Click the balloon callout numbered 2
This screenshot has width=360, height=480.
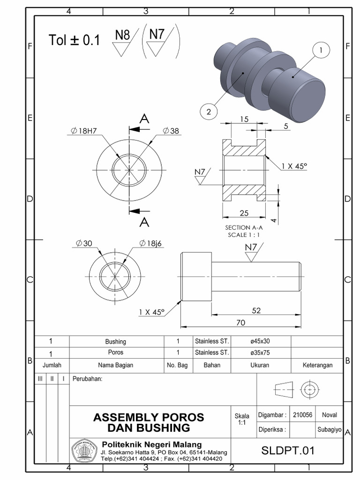[x=209, y=112]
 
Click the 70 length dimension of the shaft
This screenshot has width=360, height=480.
[x=241, y=322]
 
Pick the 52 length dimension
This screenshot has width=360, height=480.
[x=256, y=310]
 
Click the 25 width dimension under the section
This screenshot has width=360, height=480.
[x=244, y=213]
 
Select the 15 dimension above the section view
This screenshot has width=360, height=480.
[x=244, y=120]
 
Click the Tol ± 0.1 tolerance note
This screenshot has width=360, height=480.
[x=75, y=40]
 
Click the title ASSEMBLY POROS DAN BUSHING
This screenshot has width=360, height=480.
[x=149, y=422]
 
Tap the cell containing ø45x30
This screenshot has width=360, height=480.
[x=260, y=342]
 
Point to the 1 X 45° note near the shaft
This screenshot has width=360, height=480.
[x=152, y=312]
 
